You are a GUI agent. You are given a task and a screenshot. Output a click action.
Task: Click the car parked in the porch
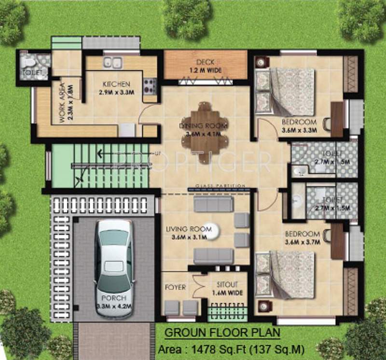pos(113,268)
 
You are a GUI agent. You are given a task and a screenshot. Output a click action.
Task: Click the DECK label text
pos(206,62)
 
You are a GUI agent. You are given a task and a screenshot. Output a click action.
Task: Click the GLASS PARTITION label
pos(221,186)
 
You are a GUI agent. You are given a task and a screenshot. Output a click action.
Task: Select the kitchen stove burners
pos(150,86)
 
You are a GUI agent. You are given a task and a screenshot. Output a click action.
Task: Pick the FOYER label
pos(175,287)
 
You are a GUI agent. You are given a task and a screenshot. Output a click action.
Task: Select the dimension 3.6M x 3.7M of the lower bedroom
pos(303,242)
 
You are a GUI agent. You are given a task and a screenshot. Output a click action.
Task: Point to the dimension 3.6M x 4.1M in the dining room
pos(203,134)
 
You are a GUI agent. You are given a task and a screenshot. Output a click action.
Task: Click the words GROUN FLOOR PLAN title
pos(222,333)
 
